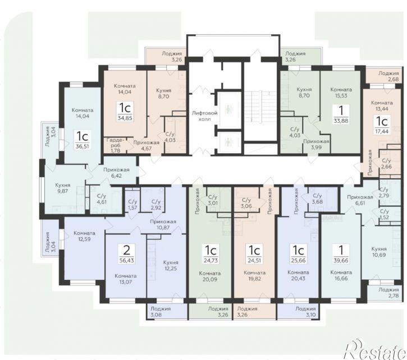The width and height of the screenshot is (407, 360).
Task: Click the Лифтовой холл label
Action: point(204,116)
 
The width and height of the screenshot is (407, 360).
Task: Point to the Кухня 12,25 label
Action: point(171,266)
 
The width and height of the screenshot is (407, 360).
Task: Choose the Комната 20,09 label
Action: point(210,276)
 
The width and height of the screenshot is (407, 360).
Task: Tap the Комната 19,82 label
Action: point(255,276)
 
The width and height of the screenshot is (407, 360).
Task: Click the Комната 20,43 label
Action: point(298,275)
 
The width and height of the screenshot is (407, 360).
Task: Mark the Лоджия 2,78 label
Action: point(388,293)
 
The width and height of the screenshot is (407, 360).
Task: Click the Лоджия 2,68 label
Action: point(388,76)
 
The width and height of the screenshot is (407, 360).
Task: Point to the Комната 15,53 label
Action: point(341,93)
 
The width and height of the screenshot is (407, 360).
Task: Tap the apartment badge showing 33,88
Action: point(341,115)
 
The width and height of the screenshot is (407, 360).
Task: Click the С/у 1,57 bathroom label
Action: point(132,205)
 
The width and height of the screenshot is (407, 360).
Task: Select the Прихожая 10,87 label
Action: point(163,225)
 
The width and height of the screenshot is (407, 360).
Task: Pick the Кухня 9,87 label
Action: point(62,188)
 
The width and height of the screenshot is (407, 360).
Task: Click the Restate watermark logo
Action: point(375,349)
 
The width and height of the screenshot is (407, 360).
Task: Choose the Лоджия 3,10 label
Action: point(305,312)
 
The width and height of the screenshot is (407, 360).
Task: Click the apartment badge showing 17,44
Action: point(382,125)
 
